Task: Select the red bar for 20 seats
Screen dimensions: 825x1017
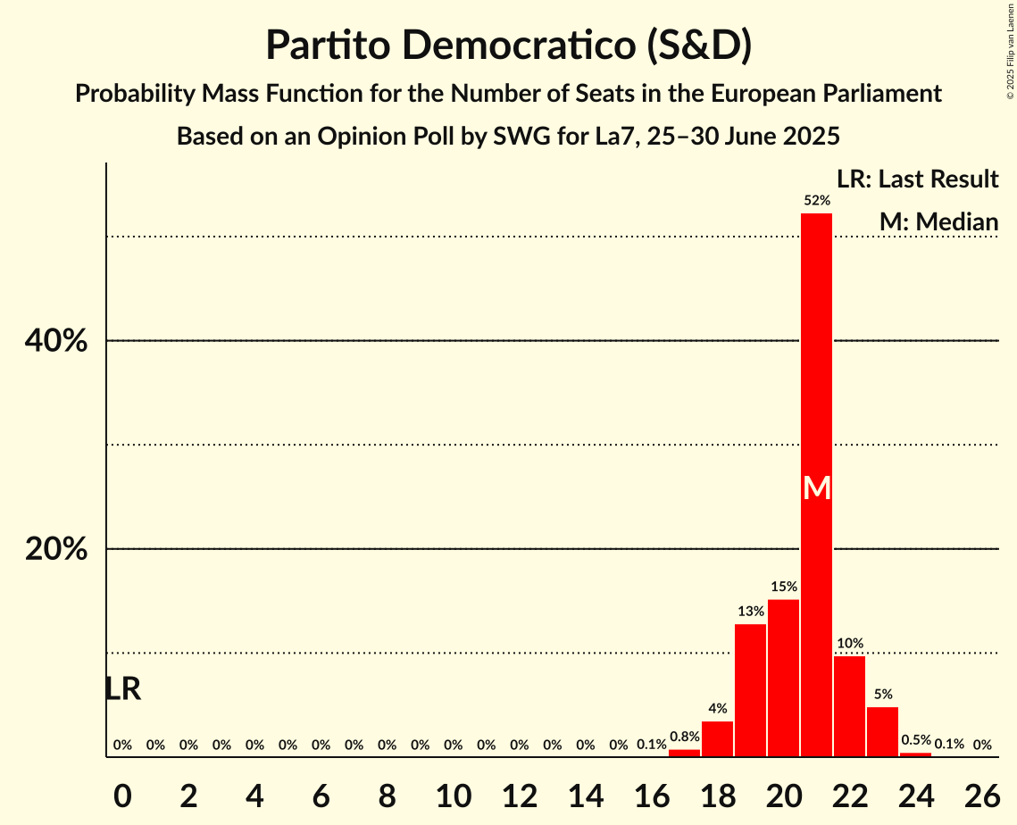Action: pos(783,678)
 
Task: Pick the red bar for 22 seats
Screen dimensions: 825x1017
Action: pos(849,706)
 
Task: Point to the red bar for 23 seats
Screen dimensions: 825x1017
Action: pos(882,731)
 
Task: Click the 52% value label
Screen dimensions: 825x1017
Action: pos(816,201)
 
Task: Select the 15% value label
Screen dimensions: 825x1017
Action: pos(783,587)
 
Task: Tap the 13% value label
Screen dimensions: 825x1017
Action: pos(750,612)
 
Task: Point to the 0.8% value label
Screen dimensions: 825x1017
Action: pos(684,737)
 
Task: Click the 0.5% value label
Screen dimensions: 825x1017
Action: pos(915,740)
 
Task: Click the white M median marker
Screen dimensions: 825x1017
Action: pos(816,487)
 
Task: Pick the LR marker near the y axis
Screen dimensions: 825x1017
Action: pos(122,688)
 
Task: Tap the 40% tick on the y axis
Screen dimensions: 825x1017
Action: pos(56,341)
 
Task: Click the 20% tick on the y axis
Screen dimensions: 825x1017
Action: pos(56,549)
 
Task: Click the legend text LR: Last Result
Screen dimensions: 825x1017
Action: pos(917,179)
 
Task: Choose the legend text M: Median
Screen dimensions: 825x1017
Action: pos(938,221)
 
